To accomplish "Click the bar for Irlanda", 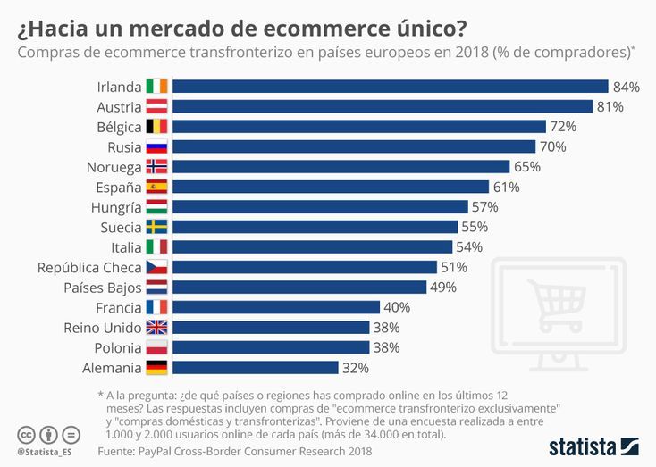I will [390, 87].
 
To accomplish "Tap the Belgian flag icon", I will [156, 127].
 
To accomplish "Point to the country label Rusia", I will [124, 146].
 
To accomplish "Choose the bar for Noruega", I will [341, 167].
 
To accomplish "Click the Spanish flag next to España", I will [156, 187].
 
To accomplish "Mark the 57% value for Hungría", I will [486, 207].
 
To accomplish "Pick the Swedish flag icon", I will [156, 227].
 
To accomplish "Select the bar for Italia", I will [312, 247].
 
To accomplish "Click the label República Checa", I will [89, 267].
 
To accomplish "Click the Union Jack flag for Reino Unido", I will [156, 327].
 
